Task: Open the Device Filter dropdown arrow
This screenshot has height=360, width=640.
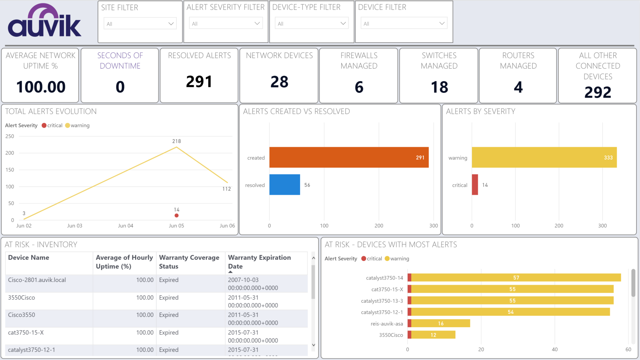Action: pyautogui.click(x=442, y=23)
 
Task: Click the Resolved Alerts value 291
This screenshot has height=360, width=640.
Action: pyautogui.click(x=199, y=82)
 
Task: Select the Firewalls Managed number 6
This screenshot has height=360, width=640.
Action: pyautogui.click(x=359, y=87)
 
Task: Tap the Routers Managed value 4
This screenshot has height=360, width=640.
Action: pyautogui.click(x=518, y=87)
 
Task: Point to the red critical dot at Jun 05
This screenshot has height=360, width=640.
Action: pyautogui.click(x=176, y=215)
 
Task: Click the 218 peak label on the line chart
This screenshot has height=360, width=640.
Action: pyautogui.click(x=176, y=141)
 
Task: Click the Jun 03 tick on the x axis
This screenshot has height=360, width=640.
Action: pyautogui.click(x=75, y=226)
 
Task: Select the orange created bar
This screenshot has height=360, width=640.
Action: pyautogui.click(x=349, y=157)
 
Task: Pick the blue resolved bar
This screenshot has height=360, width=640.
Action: pyautogui.click(x=284, y=185)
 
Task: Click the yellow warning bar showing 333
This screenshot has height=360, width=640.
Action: pyautogui.click(x=544, y=157)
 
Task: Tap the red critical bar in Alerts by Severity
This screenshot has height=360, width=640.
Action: pyautogui.click(x=475, y=185)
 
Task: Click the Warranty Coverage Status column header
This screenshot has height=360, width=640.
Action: pyautogui.click(x=189, y=262)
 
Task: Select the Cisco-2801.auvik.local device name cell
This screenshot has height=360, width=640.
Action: pyautogui.click(x=37, y=280)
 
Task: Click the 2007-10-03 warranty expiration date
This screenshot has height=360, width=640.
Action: pyautogui.click(x=243, y=280)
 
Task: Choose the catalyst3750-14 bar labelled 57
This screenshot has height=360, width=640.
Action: pyautogui.click(x=516, y=277)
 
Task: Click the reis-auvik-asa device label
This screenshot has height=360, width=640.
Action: pyautogui.click(x=387, y=324)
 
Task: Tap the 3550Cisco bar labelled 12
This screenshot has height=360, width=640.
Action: pyautogui.click(x=433, y=335)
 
